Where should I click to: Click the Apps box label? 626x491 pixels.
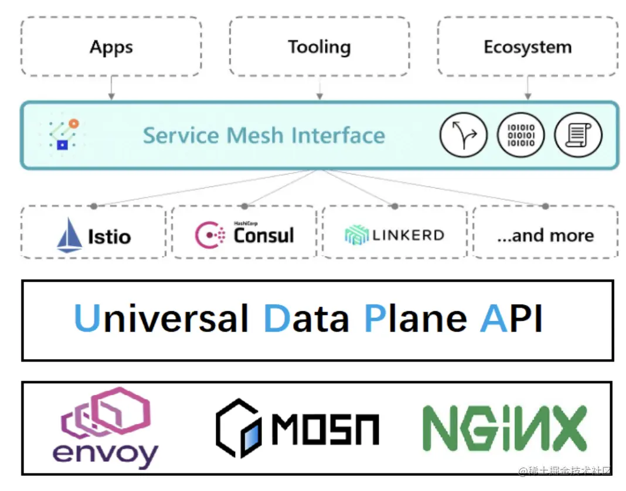click(111, 47)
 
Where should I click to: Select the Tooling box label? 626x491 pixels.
click(319, 47)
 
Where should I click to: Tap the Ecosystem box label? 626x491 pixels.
click(528, 47)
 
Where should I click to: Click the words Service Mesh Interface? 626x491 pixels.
click(264, 135)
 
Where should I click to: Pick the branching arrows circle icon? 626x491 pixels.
click(463, 135)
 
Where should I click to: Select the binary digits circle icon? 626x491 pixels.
click(520, 135)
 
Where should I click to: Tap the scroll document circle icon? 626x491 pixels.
click(578, 135)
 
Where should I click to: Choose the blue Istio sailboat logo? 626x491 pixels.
click(70, 235)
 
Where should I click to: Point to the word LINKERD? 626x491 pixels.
click(408, 236)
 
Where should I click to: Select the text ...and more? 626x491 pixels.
click(545, 236)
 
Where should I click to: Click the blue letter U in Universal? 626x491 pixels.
click(87, 318)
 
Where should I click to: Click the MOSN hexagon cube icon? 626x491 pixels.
click(238, 428)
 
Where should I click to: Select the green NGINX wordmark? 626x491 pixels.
click(505, 428)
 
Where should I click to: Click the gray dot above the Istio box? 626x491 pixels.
click(93, 206)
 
